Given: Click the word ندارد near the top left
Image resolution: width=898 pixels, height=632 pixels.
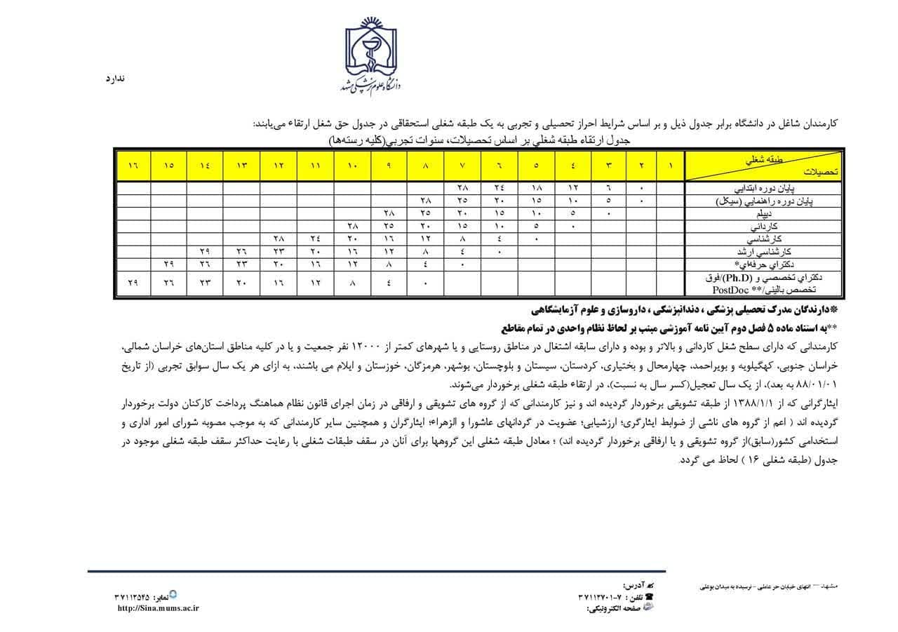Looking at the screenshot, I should (114, 79).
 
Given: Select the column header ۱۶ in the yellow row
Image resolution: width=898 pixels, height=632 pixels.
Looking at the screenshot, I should (133, 166).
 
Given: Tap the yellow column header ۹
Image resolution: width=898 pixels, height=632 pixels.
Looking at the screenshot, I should (389, 166).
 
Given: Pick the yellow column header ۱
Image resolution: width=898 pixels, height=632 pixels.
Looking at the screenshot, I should (671, 166).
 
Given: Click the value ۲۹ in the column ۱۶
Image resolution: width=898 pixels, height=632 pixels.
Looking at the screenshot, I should (133, 283).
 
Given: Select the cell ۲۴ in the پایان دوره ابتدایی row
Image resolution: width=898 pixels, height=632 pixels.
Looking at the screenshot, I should (499, 188).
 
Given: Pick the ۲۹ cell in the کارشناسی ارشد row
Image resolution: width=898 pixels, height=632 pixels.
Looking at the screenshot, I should (205, 250).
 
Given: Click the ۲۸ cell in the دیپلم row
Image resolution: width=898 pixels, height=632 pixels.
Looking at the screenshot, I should (389, 213).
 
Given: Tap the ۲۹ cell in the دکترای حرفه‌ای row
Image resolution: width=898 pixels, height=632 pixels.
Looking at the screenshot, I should (168, 264).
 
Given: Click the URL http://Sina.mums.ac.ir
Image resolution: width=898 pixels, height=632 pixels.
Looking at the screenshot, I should (158, 608).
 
